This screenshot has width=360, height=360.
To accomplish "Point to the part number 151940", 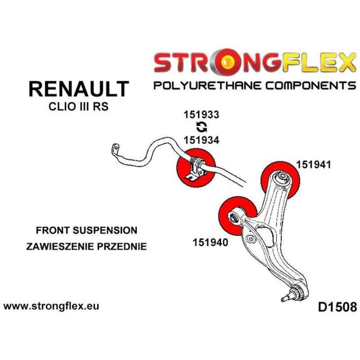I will (x=210, y=241).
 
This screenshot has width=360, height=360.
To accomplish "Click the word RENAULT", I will (x=78, y=89).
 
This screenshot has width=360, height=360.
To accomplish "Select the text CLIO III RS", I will (x=78, y=107).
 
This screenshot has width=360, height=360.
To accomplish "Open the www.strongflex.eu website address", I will (x=51, y=306).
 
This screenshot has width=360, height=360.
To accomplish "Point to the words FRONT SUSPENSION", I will (x=86, y=230).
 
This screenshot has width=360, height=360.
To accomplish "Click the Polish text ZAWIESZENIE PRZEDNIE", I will (x=86, y=246).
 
